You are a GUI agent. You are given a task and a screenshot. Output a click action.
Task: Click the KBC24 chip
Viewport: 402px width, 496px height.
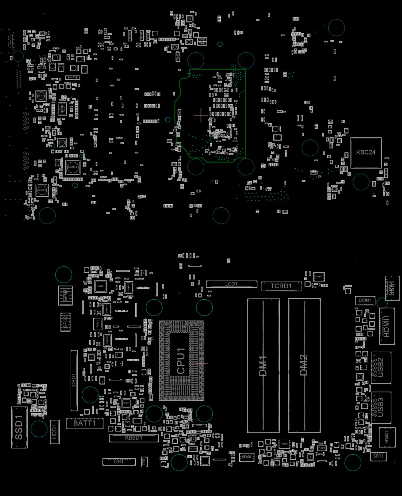point(366,153)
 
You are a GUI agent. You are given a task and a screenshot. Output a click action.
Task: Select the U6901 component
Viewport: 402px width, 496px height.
point(73,167)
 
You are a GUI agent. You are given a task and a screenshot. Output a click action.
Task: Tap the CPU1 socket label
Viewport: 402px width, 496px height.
point(181,361)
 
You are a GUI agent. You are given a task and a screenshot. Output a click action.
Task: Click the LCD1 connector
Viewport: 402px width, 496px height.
point(231,284)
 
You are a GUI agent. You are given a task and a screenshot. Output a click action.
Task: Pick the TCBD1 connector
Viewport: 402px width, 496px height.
point(281,286)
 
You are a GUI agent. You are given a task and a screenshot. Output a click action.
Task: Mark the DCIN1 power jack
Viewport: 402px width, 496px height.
point(365,300)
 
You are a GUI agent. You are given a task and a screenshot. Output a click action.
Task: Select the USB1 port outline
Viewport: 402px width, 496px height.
point(392,288)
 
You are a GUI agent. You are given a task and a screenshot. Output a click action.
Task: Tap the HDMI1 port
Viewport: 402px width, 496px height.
point(387,326)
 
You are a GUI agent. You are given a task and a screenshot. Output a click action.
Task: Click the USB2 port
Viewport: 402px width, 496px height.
point(381,368)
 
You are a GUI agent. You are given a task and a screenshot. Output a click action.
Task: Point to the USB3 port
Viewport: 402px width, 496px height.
point(381,407)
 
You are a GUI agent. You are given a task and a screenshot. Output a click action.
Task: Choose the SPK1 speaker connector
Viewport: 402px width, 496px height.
point(378,456)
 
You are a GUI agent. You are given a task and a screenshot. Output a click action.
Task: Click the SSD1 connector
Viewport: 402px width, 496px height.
point(19,427)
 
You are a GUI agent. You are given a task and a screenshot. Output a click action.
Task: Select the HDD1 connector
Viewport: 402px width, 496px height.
point(55,432)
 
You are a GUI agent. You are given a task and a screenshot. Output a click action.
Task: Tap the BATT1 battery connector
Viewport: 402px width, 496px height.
point(85,423)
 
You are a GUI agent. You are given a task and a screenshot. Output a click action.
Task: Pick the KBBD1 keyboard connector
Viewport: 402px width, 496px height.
point(134,438)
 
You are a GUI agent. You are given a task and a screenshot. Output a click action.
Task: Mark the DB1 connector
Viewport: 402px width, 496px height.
point(119,462)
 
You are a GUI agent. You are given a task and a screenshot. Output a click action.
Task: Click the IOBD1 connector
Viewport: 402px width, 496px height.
point(74,380)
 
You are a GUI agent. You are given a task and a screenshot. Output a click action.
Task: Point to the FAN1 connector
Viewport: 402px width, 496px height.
point(97,324)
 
